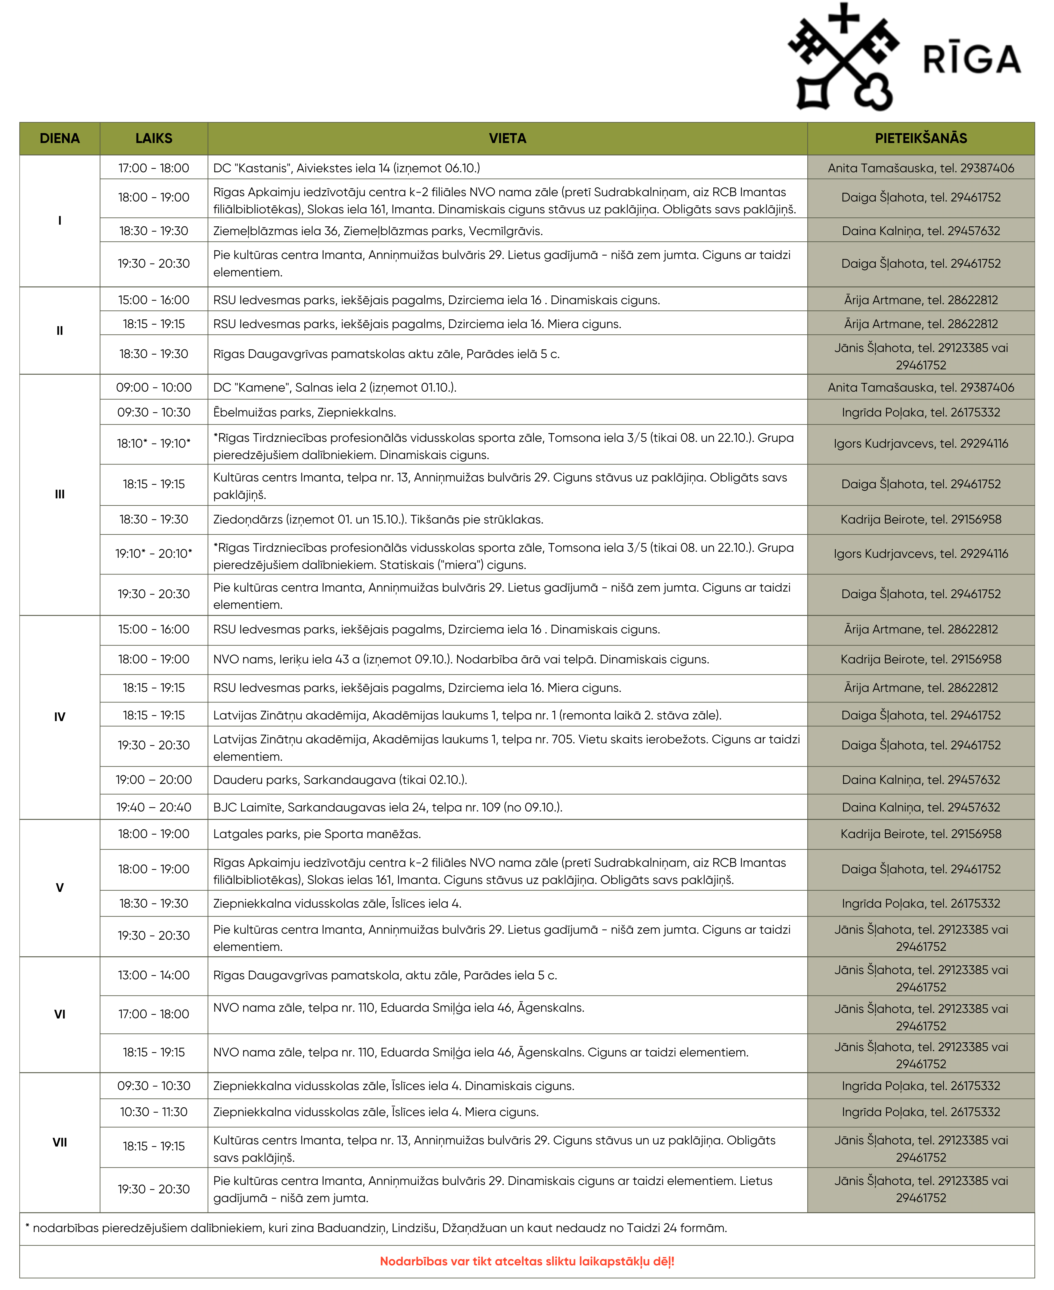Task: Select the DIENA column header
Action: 59,138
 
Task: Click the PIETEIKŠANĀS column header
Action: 920,138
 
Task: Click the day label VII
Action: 59,1142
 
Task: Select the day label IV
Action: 59,717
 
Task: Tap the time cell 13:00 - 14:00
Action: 154,975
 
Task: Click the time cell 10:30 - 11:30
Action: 154,1111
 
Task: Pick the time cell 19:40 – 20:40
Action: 154,807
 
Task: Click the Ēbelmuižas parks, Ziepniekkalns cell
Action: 304,412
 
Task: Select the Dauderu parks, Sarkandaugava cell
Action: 340,780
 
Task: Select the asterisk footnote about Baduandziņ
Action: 376,1228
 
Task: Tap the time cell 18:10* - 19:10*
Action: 154,444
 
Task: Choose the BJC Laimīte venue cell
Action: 387,807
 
